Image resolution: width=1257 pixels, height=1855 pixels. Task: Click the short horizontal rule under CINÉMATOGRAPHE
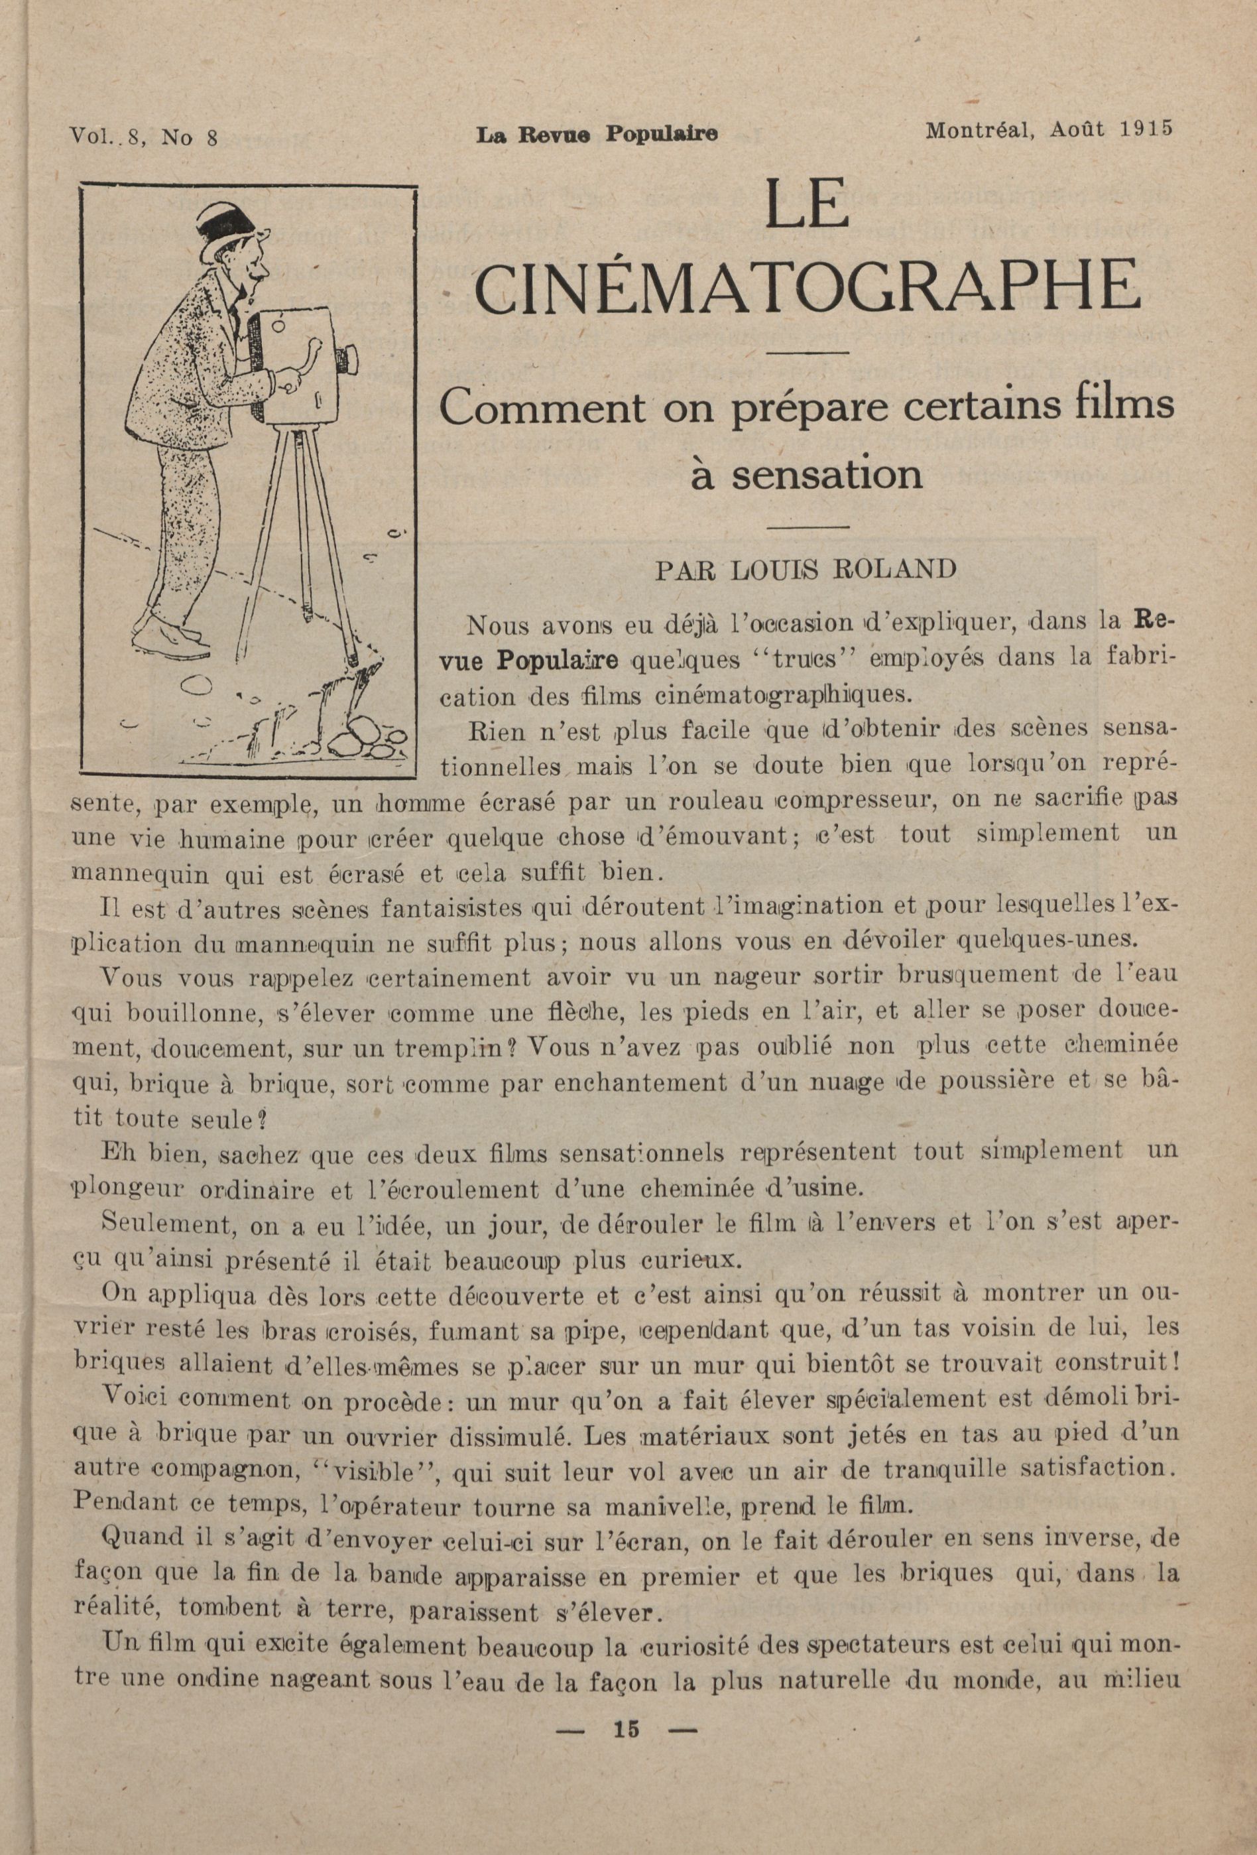806,352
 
